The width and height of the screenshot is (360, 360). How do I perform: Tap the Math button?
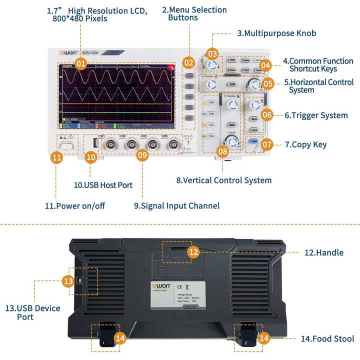231,124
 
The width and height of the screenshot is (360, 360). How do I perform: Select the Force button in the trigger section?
254,130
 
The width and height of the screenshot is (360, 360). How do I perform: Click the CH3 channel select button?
211,125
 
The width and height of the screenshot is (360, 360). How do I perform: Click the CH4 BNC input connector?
173,145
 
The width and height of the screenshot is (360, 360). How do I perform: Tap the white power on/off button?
66,146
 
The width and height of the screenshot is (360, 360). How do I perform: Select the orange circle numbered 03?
212,53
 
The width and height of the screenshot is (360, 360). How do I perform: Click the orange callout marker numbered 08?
222,150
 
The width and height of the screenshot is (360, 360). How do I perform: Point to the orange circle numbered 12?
193,252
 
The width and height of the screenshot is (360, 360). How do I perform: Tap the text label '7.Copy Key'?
305,144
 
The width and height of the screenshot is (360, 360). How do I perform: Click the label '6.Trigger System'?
316,115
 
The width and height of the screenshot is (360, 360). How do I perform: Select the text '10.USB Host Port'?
103,185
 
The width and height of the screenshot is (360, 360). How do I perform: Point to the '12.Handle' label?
324,252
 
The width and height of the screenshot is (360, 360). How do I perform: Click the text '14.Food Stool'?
327,338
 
